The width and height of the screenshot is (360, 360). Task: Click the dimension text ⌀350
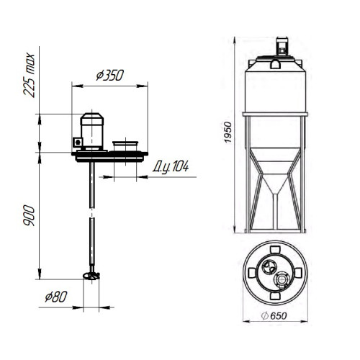coord(110,75)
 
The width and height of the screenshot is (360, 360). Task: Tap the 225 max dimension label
coord(30,75)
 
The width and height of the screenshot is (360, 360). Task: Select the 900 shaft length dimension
coord(30,215)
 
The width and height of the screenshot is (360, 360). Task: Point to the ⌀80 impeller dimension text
coord(56,297)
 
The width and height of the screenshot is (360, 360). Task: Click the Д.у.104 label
coord(171,166)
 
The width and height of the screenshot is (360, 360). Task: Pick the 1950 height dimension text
coord(228,132)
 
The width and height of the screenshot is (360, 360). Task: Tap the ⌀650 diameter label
coord(274,316)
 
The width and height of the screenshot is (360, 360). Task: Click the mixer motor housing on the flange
coord(92,132)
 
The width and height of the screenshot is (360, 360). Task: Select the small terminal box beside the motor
coord(78,142)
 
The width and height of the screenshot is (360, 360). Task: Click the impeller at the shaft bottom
coord(91,276)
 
